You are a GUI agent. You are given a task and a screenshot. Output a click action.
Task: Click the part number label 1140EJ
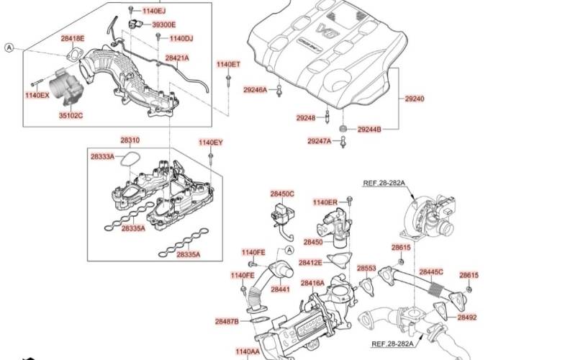click(x=153, y=11)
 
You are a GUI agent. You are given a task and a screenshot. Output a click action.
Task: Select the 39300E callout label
click(x=163, y=24)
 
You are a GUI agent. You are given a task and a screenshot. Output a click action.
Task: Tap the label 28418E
click(x=72, y=38)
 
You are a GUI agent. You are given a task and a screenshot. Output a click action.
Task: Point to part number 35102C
click(x=71, y=115)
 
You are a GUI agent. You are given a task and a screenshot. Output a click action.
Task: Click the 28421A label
click(x=177, y=58)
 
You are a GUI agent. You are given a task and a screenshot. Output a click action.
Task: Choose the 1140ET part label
click(x=229, y=65)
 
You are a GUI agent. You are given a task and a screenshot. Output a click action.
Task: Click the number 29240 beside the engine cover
click(x=414, y=99)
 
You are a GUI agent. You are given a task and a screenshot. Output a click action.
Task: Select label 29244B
click(x=369, y=130)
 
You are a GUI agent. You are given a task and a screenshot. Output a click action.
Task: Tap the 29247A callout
click(x=320, y=141)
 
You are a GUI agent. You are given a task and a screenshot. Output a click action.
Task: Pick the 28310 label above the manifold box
click(x=130, y=140)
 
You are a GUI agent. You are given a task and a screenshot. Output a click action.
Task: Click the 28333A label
click(x=102, y=156)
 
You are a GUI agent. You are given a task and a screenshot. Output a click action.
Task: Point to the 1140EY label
click(x=211, y=143)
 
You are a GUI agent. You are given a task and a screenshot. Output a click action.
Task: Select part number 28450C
click(x=282, y=194)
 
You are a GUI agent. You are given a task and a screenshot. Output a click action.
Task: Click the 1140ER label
click(x=325, y=202)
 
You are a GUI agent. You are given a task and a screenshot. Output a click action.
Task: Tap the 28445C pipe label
click(x=431, y=272)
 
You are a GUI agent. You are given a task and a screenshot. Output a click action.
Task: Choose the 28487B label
click(x=226, y=321)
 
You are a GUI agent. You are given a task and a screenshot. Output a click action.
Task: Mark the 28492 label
click(x=466, y=317)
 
